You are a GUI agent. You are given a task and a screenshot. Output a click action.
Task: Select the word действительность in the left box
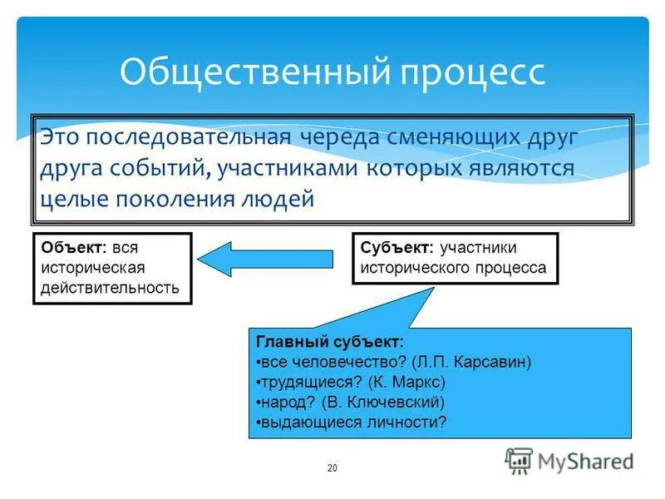110,288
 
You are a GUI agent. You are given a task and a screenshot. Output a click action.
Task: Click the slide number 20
332,468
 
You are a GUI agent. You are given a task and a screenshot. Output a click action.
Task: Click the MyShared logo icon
520,460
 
